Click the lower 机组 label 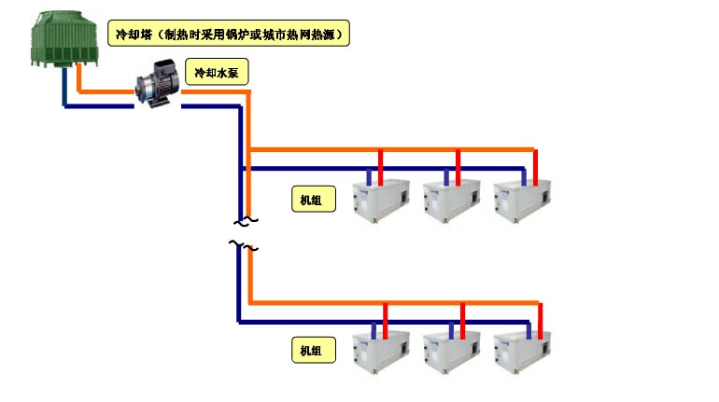point(311,351)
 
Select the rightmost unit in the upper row point(521,199)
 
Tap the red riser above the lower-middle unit point(464,317)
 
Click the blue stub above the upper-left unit point(370,175)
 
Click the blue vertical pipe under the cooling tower point(64,90)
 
